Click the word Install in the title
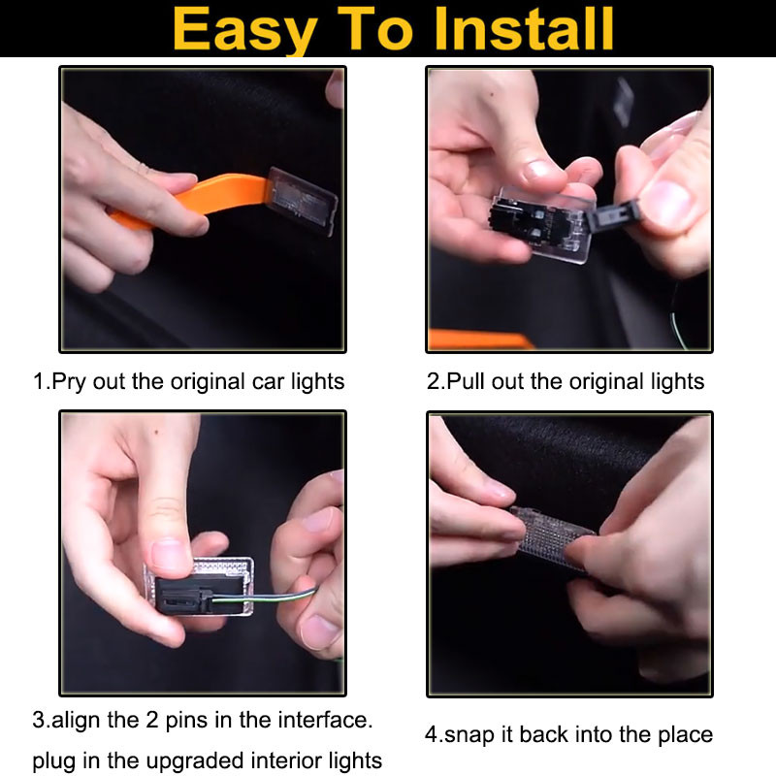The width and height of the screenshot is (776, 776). pos(524,30)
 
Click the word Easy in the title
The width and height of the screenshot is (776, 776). pos(245,31)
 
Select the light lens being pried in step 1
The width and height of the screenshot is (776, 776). pos(302,202)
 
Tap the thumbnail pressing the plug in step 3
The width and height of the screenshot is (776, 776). pos(168,555)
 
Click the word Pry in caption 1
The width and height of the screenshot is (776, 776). pos(68,382)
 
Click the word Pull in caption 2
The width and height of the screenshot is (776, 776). pos(465,381)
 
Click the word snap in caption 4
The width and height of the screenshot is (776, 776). pos(469,735)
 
